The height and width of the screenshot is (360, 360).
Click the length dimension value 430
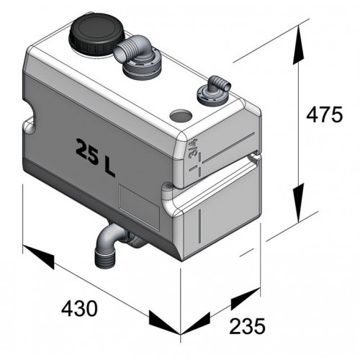[x=78, y=310]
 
